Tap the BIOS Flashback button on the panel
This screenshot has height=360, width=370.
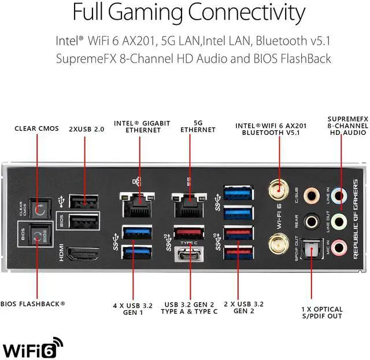point(39,236)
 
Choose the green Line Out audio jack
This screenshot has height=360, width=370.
point(342,221)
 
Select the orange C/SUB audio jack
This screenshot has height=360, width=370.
point(312,194)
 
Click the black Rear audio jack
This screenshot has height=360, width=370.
point(312,221)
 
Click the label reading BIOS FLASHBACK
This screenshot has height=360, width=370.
point(32,303)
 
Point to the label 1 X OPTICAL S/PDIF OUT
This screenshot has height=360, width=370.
point(321,313)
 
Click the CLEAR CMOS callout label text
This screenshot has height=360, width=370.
point(36,128)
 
